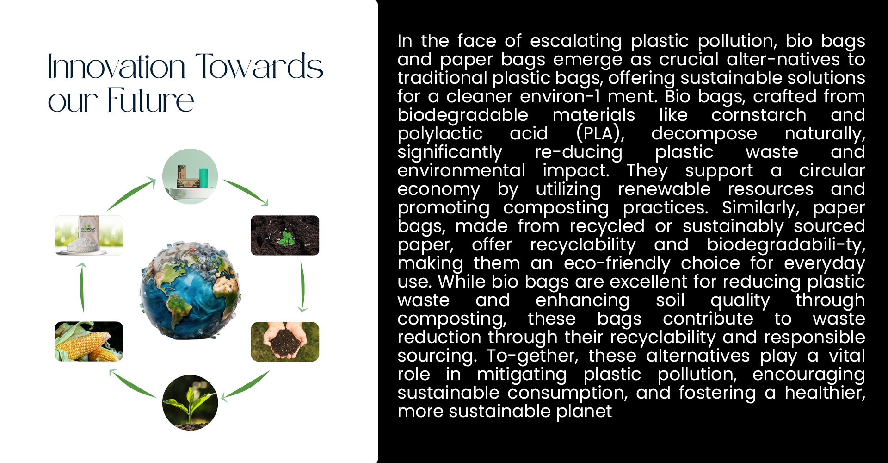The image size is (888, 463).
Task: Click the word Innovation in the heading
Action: click(117, 67)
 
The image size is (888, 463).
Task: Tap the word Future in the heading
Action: click(151, 100)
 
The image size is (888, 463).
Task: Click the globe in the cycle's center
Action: click(190, 291)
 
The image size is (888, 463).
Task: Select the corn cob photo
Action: click(89, 341)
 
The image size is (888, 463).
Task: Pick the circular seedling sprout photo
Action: click(190, 403)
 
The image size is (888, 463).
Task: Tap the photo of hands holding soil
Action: click(285, 341)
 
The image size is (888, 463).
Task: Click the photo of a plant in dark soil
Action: click(285, 235)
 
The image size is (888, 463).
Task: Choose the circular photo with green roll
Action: click(190, 176)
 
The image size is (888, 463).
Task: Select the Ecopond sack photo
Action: click(89, 235)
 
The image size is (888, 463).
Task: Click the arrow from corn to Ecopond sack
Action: click(82, 287)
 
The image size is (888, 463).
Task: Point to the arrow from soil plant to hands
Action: click(302, 287)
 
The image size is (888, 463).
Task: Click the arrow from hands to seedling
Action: click(246, 385)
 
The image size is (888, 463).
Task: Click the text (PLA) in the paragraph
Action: click(600, 134)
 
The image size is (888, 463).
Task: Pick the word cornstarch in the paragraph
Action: click(758, 115)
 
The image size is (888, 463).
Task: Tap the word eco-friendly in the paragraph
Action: click(617, 263)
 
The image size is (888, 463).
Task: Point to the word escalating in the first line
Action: click(576, 41)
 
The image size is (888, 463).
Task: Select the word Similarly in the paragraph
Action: click(760, 208)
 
